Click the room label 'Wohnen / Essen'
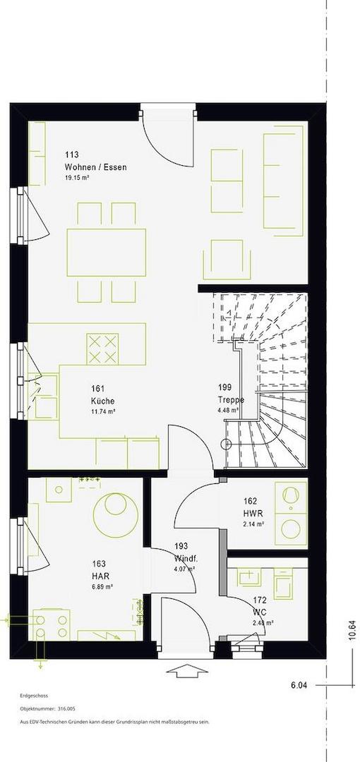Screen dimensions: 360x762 pos(96,167)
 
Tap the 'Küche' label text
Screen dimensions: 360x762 pos(102,401)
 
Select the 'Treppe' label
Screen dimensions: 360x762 pos(231,399)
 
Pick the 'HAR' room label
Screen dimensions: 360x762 pos(101,576)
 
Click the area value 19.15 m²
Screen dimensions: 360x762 pos(77,178)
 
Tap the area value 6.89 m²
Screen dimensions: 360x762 pos(102,586)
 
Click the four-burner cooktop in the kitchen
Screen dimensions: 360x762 pos(102,349)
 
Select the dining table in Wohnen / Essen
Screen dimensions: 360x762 pos(106,252)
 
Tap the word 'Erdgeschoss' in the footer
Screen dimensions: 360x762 pos(34,696)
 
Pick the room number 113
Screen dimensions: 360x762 pos(71,155)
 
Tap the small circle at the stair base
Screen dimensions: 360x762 pos(225,443)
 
